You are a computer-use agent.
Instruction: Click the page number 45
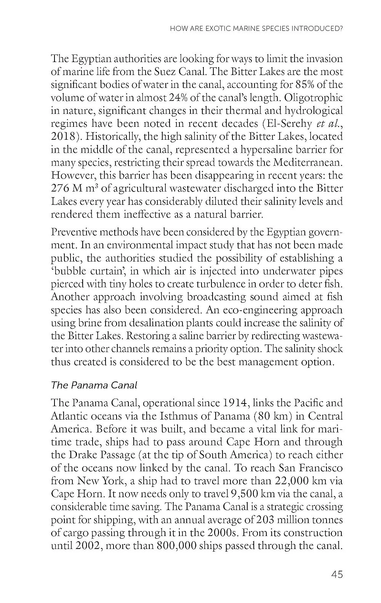coord(337,574)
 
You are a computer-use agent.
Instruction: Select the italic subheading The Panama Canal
coord(94,385)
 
